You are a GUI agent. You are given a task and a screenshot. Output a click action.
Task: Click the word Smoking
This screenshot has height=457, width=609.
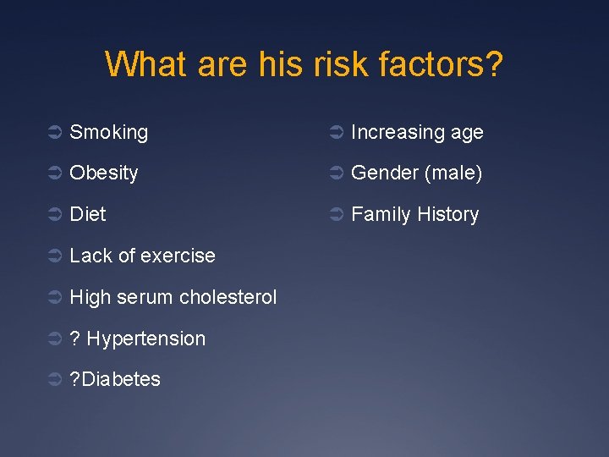[108, 132]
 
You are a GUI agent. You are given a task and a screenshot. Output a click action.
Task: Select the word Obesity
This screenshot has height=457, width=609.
[103, 173]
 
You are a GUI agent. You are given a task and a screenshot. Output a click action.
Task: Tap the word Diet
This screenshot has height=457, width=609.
[88, 214]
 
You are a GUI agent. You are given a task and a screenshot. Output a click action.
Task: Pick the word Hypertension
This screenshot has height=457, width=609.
[145, 339]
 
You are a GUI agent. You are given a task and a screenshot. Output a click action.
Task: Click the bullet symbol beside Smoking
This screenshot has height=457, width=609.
[53, 133]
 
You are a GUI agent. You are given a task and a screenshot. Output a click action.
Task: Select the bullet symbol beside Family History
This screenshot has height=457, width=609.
[335, 215]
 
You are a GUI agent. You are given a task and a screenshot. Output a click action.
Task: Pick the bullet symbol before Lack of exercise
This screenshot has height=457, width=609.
[53, 256]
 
